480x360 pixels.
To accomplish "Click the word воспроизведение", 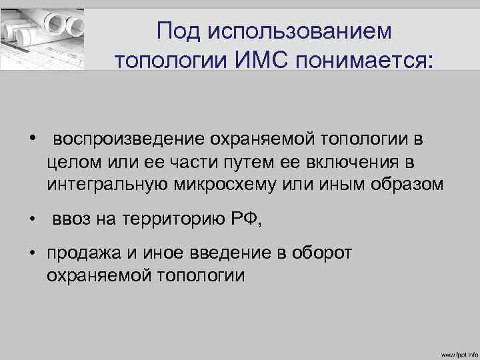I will (x=130, y=139).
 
